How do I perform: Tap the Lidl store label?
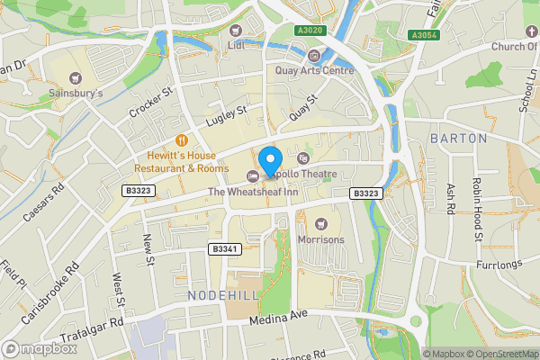237,45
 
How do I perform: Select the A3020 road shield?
310,31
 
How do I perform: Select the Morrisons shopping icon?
321,222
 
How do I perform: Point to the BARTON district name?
458,139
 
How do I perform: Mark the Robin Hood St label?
480,216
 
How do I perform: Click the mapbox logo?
40,347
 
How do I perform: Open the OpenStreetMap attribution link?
503,354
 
